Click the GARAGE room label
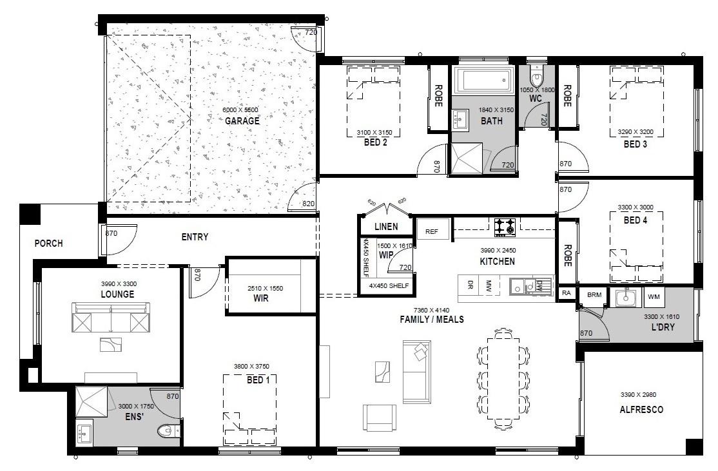pyautogui.click(x=242, y=121)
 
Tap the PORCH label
pyautogui.click(x=48, y=244)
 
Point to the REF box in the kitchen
pyautogui.click(x=431, y=231)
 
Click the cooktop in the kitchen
pyautogui.click(x=505, y=227)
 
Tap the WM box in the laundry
pyautogui.click(x=654, y=296)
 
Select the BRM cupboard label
pyautogui.click(x=594, y=294)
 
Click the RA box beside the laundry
pyautogui.click(x=567, y=293)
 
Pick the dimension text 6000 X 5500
pyautogui.click(x=240, y=110)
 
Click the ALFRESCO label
pyautogui.click(x=641, y=410)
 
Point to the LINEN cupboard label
pyautogui.click(x=386, y=227)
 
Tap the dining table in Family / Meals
pyautogui.click(x=504, y=378)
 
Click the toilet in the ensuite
pyautogui.click(x=168, y=430)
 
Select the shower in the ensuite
pyautogui.click(x=91, y=401)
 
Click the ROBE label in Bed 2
pyautogui.click(x=438, y=95)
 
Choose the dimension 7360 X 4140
pyautogui.click(x=431, y=310)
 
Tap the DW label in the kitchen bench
pyautogui.click(x=539, y=285)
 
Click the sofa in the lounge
pyautogui.click(x=111, y=317)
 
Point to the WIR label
pyautogui.click(x=260, y=298)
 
